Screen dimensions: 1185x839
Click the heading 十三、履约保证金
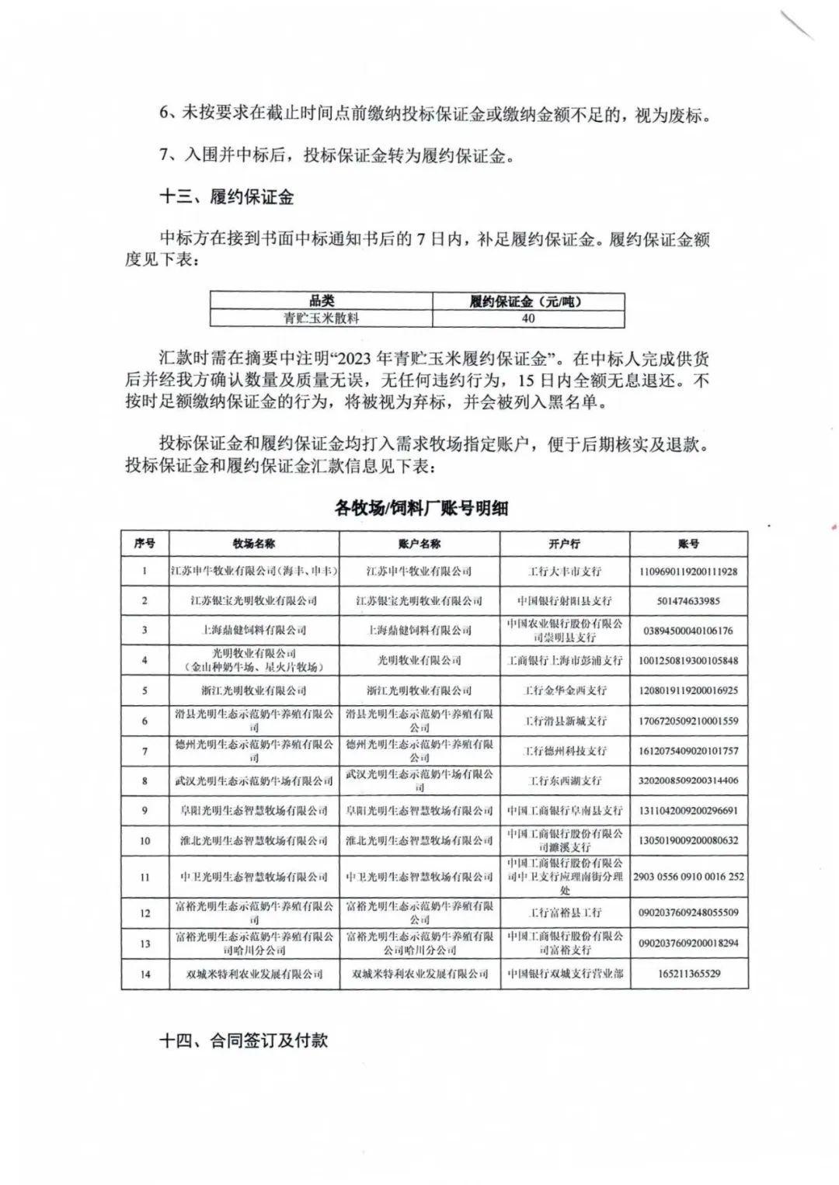(x=226, y=197)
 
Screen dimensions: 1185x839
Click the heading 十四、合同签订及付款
(x=243, y=1041)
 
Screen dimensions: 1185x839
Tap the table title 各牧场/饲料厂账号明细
(x=421, y=508)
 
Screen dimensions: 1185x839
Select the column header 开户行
(x=564, y=544)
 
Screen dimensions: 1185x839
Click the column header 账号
(x=688, y=544)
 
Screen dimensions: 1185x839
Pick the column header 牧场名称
(x=254, y=544)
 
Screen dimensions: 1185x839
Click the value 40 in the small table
(x=528, y=318)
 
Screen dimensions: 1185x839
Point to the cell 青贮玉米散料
(x=321, y=318)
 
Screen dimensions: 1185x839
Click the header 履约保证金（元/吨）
(x=528, y=301)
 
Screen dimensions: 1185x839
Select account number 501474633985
(x=688, y=600)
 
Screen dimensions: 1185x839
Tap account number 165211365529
(x=688, y=974)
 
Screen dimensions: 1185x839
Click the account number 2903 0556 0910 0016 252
(x=688, y=877)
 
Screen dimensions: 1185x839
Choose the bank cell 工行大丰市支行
(x=564, y=571)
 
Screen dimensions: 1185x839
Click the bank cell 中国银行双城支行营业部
(x=564, y=974)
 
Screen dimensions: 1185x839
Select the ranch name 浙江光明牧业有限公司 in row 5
(x=254, y=690)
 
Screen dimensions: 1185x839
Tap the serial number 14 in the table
(x=145, y=974)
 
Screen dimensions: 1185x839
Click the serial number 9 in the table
(x=145, y=811)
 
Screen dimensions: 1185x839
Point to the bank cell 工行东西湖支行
(x=564, y=780)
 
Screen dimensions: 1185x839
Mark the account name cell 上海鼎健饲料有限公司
(x=419, y=630)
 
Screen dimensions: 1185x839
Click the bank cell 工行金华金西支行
(x=564, y=690)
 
